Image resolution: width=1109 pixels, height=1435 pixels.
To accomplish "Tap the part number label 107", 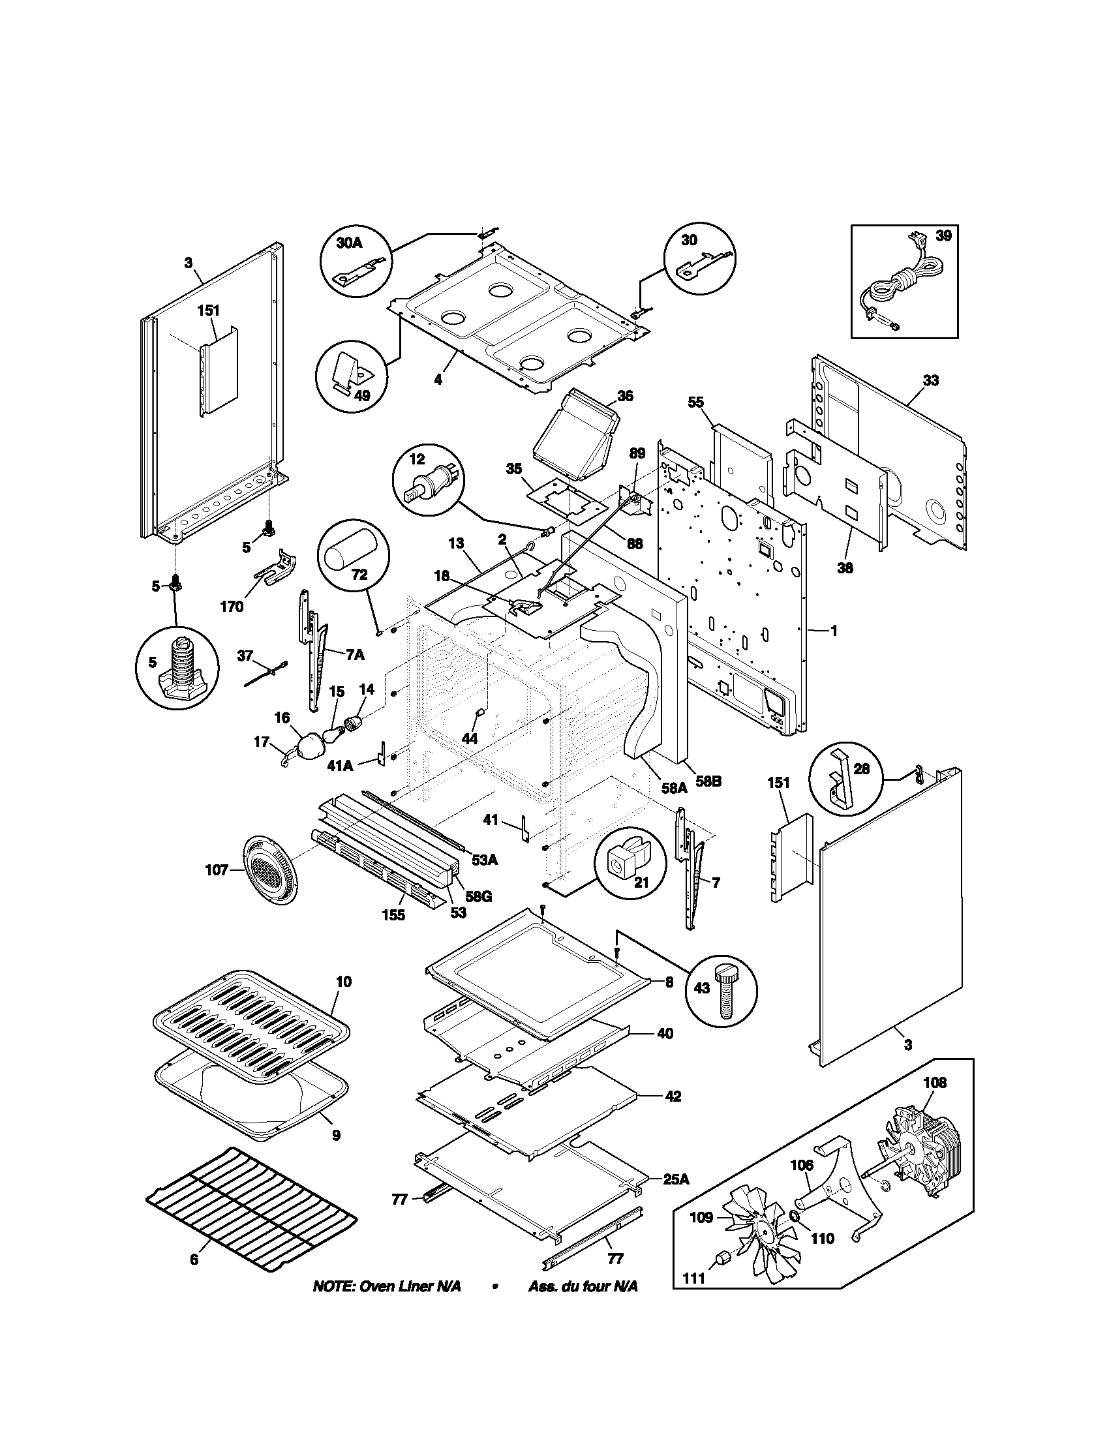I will [216, 871].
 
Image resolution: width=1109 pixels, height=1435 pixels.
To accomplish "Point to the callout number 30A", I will [349, 243].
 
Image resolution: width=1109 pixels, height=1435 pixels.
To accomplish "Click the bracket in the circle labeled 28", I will [839, 777].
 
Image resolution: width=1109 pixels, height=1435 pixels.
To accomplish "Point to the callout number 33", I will [930, 380].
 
